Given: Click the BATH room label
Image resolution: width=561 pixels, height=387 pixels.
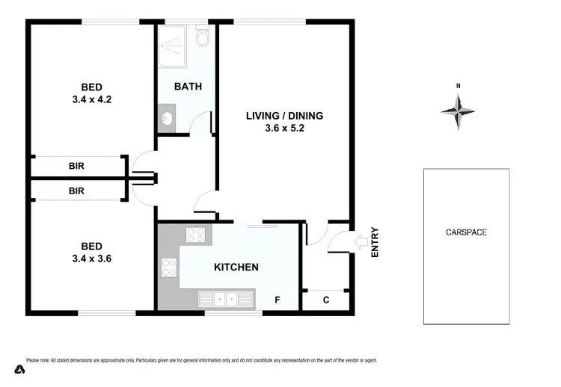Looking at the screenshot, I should [x=188, y=87].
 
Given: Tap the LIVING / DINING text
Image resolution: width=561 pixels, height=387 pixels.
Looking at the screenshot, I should [x=285, y=115].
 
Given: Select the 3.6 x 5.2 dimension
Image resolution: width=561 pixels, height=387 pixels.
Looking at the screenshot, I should [x=285, y=128].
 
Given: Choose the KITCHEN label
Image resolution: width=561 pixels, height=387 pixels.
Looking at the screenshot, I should [x=236, y=267].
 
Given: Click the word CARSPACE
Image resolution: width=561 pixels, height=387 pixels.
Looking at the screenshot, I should [x=466, y=232].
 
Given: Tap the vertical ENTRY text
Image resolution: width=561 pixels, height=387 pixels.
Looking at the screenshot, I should [x=375, y=243].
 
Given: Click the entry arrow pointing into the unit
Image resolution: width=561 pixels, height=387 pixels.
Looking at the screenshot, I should [x=359, y=242].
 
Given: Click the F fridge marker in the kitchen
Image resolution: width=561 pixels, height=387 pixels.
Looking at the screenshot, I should [x=277, y=300].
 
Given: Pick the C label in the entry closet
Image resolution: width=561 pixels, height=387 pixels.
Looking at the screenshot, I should [x=326, y=300].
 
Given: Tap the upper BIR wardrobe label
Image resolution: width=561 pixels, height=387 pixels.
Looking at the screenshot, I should [x=76, y=167].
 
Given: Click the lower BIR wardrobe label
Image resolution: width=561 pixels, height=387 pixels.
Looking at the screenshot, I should [x=76, y=191].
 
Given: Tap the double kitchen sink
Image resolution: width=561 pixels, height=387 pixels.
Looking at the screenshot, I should [x=226, y=300].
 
